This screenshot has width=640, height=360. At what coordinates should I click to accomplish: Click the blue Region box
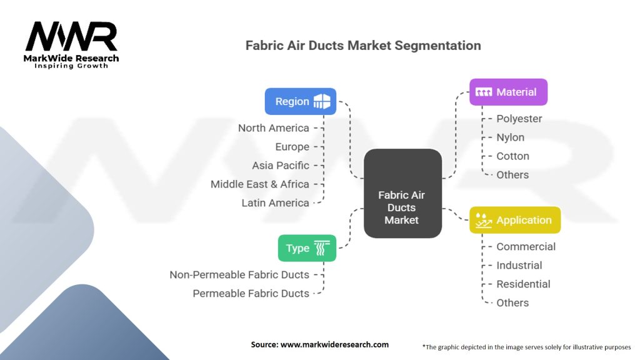pyautogui.click(x=301, y=101)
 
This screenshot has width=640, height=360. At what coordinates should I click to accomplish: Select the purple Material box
pyautogui.click(x=508, y=92)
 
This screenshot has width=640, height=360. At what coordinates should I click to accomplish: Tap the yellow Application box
pyautogui.click(x=515, y=220)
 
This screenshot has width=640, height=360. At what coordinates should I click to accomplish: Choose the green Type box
pyautogui.click(x=307, y=248)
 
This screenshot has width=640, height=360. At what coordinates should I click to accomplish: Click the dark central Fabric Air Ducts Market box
pyautogui.click(x=402, y=193)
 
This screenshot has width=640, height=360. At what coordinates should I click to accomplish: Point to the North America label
pyautogui.click(x=274, y=128)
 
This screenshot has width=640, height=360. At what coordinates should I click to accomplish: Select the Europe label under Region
pyautogui.click(x=292, y=147)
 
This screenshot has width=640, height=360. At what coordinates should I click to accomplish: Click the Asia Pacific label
pyautogui.click(x=281, y=166)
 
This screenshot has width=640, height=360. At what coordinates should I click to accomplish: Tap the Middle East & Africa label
pyautogui.click(x=259, y=184)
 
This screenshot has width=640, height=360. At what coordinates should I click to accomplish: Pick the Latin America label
pyautogui.click(x=275, y=203)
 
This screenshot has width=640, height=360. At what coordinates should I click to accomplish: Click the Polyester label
pyautogui.click(x=519, y=119)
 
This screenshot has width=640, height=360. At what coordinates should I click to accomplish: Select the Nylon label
pyautogui.click(x=510, y=137)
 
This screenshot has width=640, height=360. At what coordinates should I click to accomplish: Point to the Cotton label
pyautogui.click(x=512, y=156)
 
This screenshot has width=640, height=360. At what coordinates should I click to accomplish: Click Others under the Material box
pyautogui.click(x=512, y=175)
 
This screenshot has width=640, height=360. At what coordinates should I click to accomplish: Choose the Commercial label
pyautogui.click(x=526, y=246)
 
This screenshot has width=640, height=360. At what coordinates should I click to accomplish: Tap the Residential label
pyautogui.click(x=523, y=284)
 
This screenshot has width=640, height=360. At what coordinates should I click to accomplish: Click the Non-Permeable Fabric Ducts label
pyautogui.click(x=239, y=275)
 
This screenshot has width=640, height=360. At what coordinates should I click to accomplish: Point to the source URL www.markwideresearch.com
pyautogui.click(x=334, y=344)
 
